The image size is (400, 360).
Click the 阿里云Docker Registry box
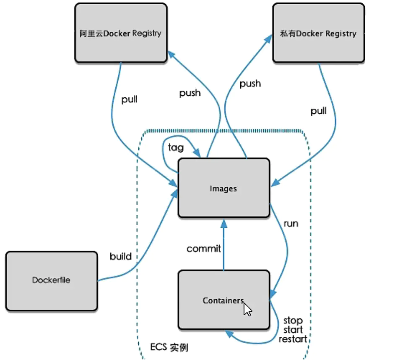120,33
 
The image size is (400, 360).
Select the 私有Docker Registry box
318,33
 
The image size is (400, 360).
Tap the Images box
223,188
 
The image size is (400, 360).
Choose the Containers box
223,300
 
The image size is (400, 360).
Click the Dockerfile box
52,280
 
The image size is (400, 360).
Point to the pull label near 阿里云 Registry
129,100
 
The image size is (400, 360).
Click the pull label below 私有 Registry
319,111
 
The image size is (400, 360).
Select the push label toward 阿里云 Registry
190,93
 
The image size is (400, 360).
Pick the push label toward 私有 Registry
250,83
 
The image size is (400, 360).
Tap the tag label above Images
175,147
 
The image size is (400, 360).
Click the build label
121,256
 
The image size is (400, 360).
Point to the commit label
204,248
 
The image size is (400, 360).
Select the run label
291,223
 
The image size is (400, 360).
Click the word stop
293,321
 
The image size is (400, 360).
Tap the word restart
293,339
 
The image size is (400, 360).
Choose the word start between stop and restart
293,330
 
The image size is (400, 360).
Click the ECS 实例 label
169,348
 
